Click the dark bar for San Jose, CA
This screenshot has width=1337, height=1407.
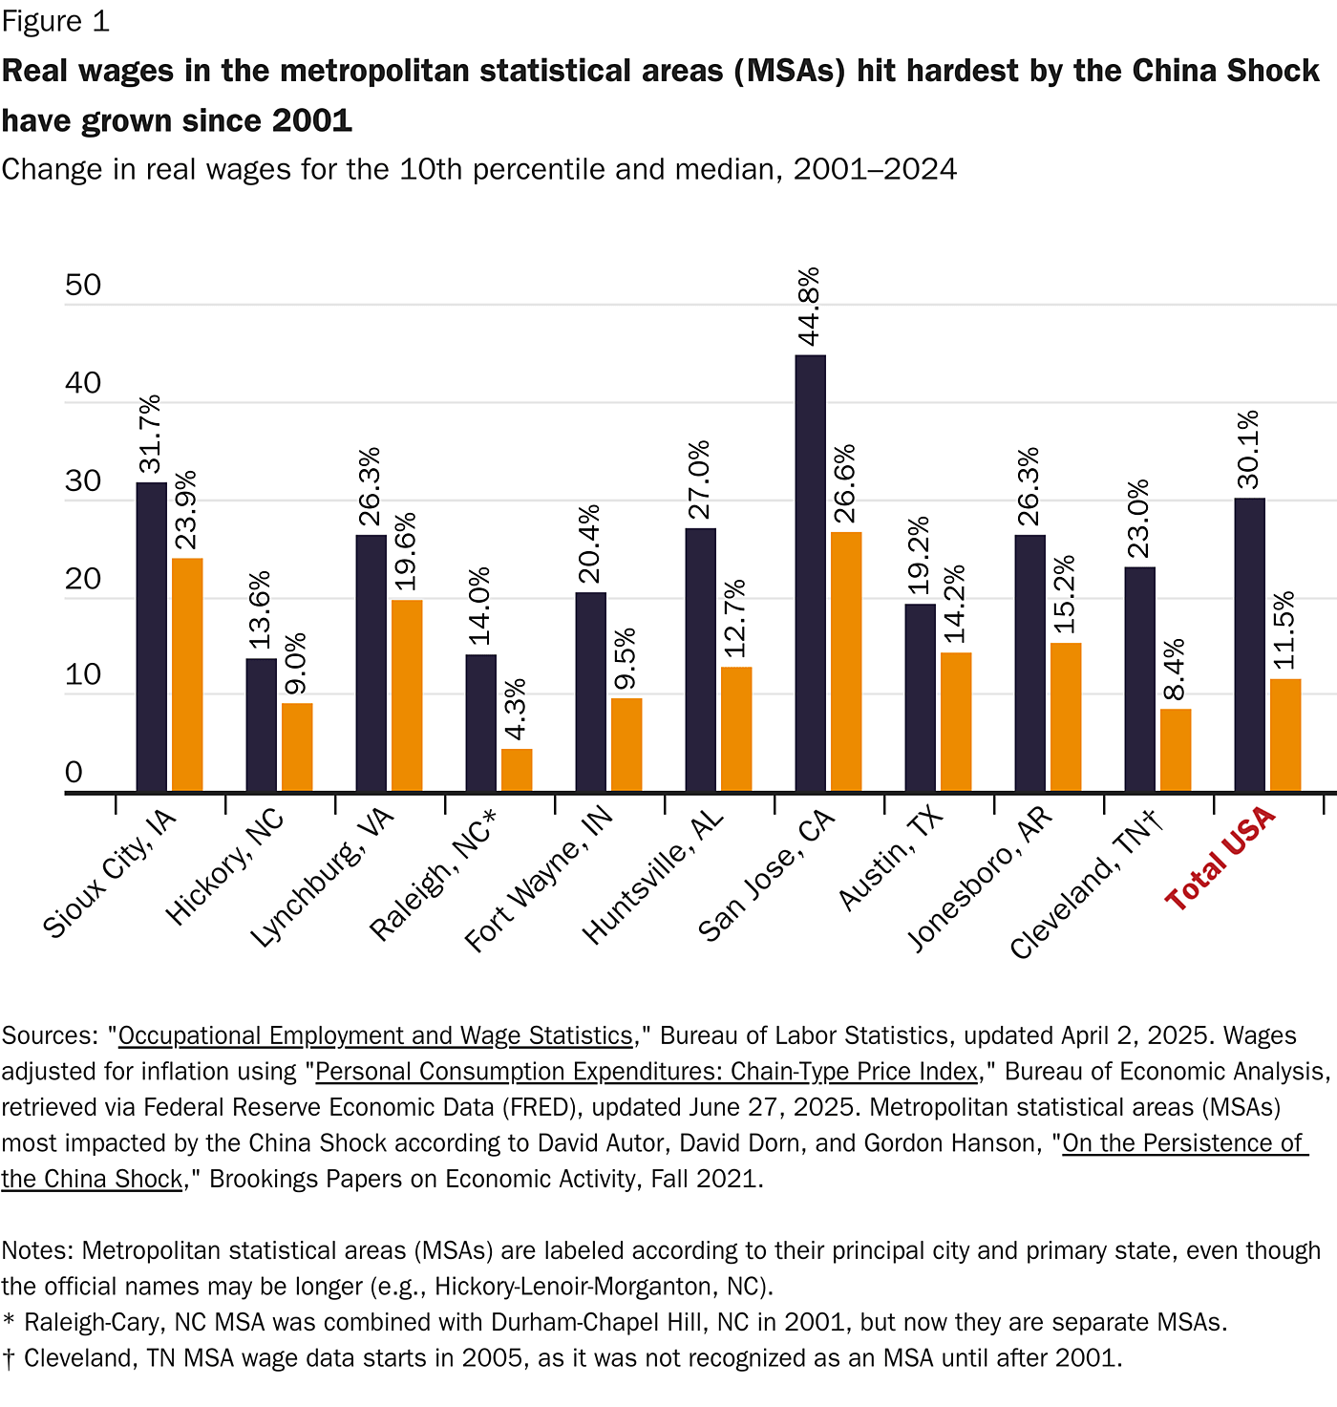(x=810, y=573)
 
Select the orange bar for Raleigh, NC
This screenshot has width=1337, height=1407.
(x=517, y=770)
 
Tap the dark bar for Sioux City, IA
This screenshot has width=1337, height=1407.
(x=151, y=637)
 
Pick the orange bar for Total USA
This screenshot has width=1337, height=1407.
(x=1285, y=735)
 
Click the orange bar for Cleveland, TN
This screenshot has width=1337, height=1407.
(x=1176, y=750)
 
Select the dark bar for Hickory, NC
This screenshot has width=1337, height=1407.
(x=261, y=725)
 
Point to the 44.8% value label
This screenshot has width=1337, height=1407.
(x=809, y=307)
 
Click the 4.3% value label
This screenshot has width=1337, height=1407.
(x=516, y=709)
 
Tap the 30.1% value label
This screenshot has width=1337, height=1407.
(x=1248, y=450)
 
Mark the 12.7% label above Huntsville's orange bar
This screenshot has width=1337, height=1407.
(x=735, y=618)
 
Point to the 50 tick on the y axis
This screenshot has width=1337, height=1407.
(x=83, y=285)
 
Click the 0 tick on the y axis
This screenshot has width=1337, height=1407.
(x=74, y=772)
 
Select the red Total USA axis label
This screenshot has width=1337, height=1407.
(x=1220, y=857)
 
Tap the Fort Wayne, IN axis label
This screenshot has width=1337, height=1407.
(x=539, y=880)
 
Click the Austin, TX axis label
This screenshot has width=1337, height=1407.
(x=890, y=858)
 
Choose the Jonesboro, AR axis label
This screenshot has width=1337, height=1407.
(x=979, y=879)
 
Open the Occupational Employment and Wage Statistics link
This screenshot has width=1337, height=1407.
(x=375, y=1036)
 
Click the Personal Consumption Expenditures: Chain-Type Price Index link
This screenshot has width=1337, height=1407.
(x=647, y=1072)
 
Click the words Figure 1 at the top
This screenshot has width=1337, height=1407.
(x=55, y=21)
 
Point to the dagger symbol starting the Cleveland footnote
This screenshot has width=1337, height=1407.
(x=9, y=1358)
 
